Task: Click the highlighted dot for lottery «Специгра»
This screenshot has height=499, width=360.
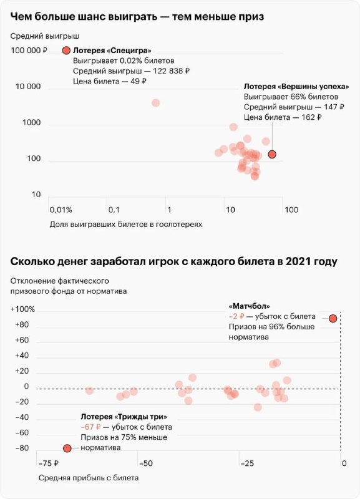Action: click(66, 51)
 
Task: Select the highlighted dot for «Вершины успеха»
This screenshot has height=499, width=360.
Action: click(271, 154)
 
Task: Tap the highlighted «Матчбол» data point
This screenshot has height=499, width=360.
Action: click(333, 318)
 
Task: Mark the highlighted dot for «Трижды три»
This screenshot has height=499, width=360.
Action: click(67, 448)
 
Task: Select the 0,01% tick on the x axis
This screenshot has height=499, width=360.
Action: click(61, 210)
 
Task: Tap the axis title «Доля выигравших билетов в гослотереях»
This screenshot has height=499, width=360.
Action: click(127, 224)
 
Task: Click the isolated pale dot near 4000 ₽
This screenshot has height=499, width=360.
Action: click(155, 103)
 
